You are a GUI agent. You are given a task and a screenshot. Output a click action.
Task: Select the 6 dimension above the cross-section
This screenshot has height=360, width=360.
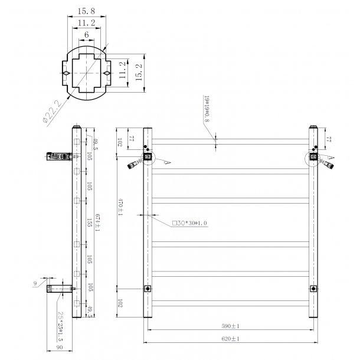point(87,35)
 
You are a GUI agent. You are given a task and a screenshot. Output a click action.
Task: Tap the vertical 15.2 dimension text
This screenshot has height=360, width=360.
point(139,73)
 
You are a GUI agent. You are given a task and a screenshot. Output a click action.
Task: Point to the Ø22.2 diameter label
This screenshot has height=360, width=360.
point(53,112)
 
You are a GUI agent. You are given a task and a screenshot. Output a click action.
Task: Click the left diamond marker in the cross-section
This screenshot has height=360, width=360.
point(67,73)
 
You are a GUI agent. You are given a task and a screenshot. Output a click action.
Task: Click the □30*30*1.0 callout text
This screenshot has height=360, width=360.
point(189,224)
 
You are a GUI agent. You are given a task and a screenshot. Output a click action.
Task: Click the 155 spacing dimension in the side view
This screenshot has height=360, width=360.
point(88,222)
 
